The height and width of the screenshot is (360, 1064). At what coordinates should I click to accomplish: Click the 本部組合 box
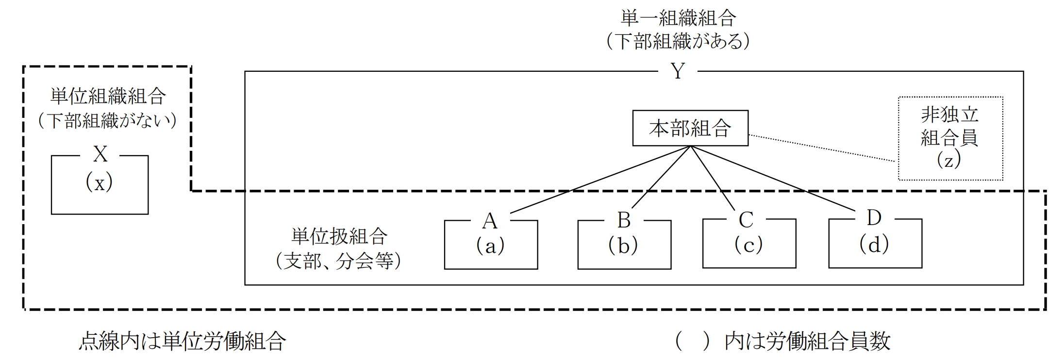tap(690, 129)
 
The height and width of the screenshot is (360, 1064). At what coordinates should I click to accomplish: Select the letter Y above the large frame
tap(678, 72)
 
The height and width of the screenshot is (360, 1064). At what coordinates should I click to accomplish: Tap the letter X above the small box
tap(100, 155)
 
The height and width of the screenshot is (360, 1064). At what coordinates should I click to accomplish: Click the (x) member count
tap(100, 183)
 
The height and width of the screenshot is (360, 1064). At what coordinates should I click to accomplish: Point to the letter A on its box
tap(490, 221)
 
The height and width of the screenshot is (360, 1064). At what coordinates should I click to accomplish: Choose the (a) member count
tap(490, 246)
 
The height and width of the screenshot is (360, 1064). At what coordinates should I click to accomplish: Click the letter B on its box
tap(624, 220)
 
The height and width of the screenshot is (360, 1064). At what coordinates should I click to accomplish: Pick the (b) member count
tap(623, 246)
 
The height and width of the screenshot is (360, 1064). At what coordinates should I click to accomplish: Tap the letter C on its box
tap(746, 220)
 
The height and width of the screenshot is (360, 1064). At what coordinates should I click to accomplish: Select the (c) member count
tap(748, 245)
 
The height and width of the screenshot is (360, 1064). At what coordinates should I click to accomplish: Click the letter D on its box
tap(874, 218)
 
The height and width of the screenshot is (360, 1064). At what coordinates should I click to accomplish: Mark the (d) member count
tap(874, 245)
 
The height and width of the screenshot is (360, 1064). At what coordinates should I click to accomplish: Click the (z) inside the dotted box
tap(949, 160)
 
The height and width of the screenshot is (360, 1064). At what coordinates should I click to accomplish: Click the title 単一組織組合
tap(679, 18)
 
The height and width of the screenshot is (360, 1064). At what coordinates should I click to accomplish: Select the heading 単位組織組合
tap(108, 97)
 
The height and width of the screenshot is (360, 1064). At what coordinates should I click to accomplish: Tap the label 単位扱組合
tap(339, 236)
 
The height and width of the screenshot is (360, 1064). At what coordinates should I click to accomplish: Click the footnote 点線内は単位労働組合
tap(182, 342)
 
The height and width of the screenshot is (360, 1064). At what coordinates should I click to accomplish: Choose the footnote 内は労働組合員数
tap(808, 342)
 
